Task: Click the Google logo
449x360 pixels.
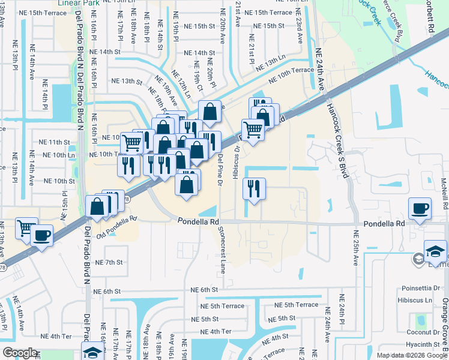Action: (20, 353)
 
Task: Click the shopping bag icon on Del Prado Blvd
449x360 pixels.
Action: (97, 206)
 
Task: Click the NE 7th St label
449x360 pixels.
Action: (109, 262)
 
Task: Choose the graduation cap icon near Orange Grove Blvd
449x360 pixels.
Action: (435, 251)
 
